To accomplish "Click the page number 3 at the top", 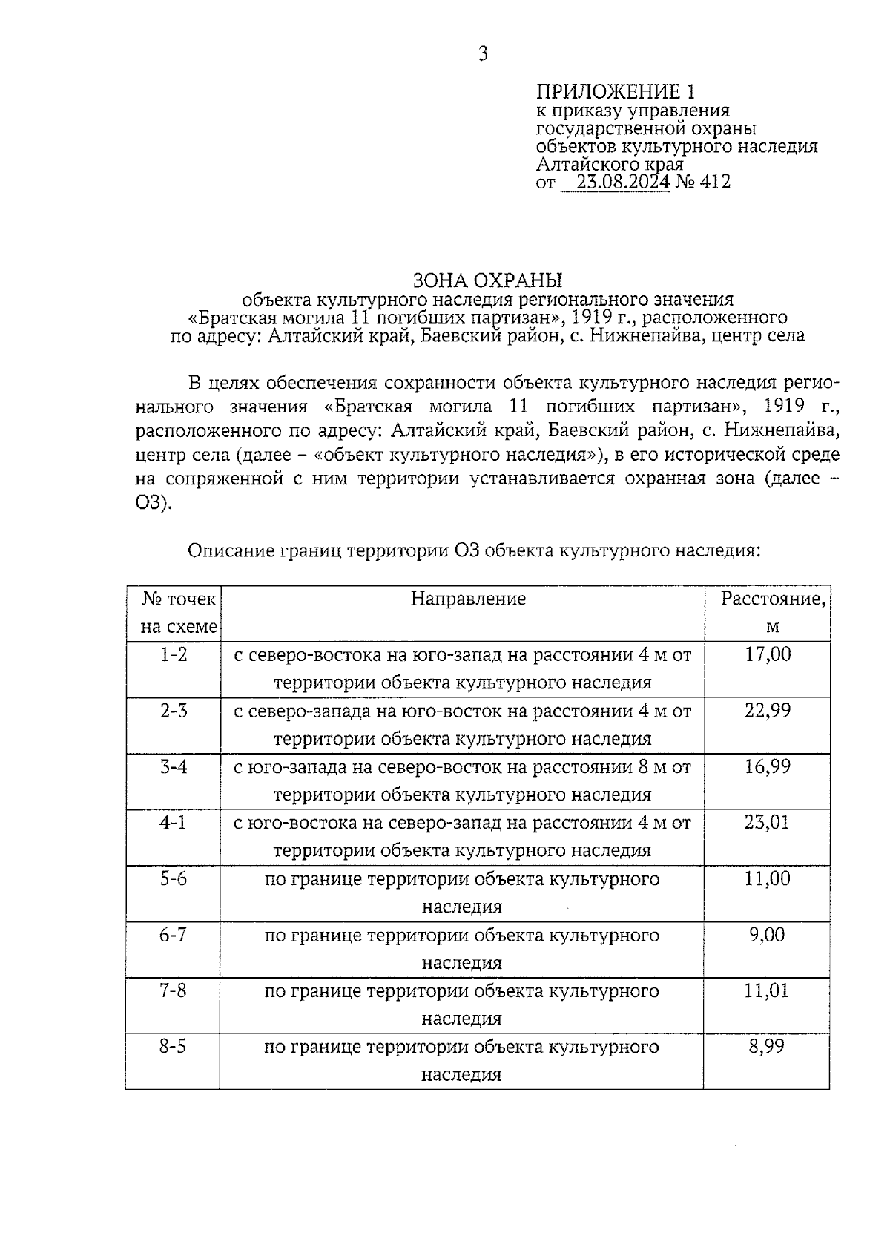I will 483,53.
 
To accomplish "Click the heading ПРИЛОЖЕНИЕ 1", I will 616,92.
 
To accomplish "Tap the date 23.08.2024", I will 623,182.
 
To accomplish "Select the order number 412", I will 715,182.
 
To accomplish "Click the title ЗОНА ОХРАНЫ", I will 487,280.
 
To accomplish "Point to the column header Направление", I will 468,599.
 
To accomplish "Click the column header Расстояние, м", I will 773,612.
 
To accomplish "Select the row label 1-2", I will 174,654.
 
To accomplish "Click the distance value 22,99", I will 768,711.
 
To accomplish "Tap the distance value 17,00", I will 768,654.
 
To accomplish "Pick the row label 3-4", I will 174,766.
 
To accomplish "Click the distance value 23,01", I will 767,822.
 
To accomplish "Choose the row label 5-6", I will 174,878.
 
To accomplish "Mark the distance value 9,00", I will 767,935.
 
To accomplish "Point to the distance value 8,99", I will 767,1047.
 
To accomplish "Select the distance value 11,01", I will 767,990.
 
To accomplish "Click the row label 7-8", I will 173,990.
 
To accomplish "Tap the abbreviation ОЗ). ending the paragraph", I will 154,504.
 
